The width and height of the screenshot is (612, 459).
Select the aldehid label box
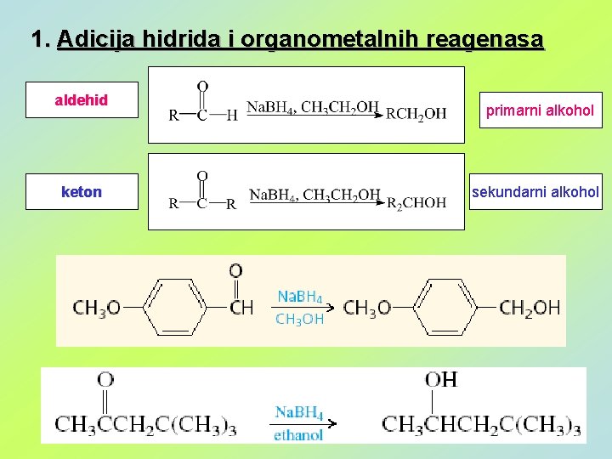[82, 100]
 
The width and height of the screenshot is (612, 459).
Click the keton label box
[82, 192]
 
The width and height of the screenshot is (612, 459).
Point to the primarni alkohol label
[540, 110]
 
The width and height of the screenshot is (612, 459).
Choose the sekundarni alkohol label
[535, 192]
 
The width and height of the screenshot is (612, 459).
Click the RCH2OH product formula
[416, 115]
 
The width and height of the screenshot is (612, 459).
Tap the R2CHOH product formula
[416, 202]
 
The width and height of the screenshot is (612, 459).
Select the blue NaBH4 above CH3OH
[300, 297]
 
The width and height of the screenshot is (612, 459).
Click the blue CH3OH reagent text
[300, 319]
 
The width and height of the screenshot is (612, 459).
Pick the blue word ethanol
[298, 434]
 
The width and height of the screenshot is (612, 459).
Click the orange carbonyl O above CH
[235, 271]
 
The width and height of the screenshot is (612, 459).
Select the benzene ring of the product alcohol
[446, 307]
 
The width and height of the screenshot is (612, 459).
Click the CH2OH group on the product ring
[530, 307]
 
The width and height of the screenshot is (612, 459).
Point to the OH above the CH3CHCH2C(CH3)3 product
[441, 380]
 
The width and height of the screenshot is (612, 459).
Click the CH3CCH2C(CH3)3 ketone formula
[145, 422]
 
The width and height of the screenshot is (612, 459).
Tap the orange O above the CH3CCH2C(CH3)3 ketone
[105, 379]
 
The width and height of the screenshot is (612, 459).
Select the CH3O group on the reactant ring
[96, 307]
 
